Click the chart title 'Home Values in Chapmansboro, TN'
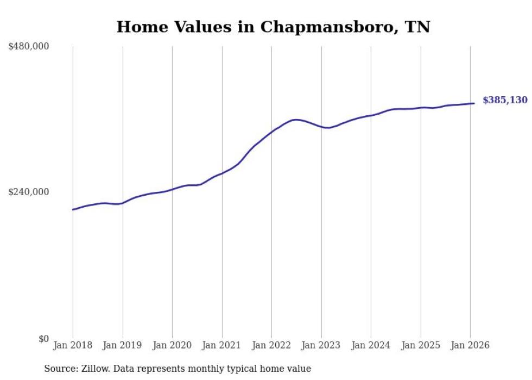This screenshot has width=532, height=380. (x=273, y=27)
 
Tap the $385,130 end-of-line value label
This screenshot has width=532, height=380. (x=505, y=100)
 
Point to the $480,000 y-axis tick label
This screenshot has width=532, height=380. (x=29, y=47)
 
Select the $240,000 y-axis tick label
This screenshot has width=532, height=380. (x=29, y=192)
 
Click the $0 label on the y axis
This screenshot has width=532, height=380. (x=43, y=339)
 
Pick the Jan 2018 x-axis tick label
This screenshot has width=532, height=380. (x=73, y=346)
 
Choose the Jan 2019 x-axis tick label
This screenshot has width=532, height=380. (x=122, y=346)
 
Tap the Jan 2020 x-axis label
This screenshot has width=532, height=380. (x=172, y=346)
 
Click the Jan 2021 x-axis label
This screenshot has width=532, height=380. (x=221, y=346)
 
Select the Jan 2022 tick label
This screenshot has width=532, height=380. (x=271, y=346)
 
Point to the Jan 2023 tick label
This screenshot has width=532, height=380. (x=321, y=346)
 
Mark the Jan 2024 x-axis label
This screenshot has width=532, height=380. (x=371, y=346)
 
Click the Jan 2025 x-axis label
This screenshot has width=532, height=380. (x=420, y=346)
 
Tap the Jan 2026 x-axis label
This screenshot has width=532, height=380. (x=470, y=346)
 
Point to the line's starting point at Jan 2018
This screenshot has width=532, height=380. (x=73, y=209)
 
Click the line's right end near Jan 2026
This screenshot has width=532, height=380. (x=474, y=103)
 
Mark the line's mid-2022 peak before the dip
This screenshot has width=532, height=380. (x=296, y=120)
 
